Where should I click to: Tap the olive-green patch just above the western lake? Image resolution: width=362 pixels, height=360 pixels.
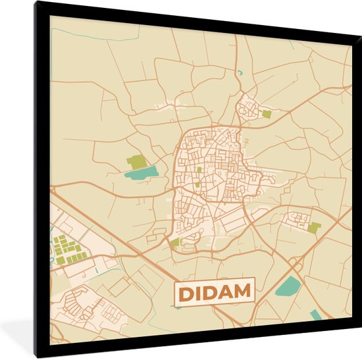(x=136, y=161)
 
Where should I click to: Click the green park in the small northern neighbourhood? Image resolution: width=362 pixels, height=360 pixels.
(x=266, y=114)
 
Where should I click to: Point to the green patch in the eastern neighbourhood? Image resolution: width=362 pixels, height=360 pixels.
(x=315, y=228)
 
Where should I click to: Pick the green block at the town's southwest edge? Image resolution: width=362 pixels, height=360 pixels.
(x=174, y=242)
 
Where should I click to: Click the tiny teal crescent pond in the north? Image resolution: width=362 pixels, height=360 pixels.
(x=240, y=72)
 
